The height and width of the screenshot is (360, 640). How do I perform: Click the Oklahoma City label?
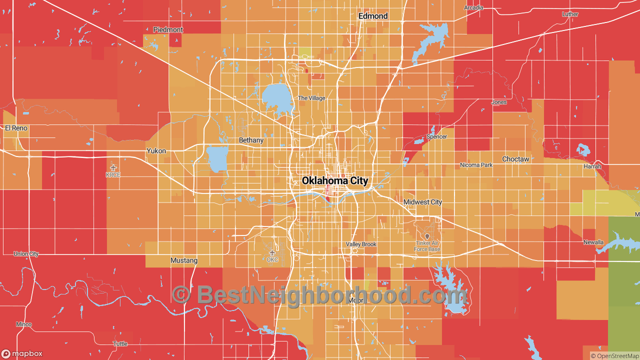point(334,181)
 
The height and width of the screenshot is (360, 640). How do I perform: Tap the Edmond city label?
point(373,16)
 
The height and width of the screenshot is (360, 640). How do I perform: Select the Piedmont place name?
point(168,29)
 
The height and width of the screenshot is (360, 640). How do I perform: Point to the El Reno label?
point(16,128)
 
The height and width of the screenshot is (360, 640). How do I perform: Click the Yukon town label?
point(156,150)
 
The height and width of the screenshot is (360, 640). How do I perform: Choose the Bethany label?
point(251,140)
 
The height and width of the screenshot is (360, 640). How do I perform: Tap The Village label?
point(311,98)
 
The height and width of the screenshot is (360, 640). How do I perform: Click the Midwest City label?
point(422,202)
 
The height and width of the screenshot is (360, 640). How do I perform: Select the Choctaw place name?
point(515,159)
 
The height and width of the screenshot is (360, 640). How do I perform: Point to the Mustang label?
point(184,260)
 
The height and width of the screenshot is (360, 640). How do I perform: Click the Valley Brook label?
point(361,244)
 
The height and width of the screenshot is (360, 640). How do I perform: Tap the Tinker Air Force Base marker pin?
point(427,236)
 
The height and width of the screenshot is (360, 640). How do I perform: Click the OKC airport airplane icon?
point(272,252)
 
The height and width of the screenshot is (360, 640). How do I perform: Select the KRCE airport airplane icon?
point(113,167)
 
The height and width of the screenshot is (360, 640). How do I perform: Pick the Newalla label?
point(593,242)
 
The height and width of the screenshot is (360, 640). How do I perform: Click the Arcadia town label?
point(473,7)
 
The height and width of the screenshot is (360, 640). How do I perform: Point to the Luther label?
point(570,14)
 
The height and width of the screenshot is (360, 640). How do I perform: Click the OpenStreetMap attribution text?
point(614,356)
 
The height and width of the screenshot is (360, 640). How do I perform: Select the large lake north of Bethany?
point(276,98)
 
